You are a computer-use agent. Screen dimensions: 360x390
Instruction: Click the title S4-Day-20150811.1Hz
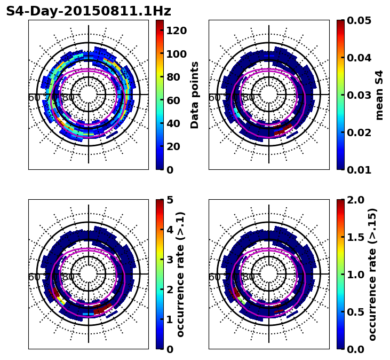(89, 11)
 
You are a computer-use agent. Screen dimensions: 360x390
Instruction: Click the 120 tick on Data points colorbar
(176, 30)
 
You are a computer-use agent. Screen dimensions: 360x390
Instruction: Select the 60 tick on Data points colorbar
(173, 100)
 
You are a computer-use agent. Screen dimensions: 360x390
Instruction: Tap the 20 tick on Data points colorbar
(173, 146)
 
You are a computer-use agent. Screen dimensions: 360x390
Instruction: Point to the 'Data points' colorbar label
(195, 95)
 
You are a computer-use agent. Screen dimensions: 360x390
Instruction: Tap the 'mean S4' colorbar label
(379, 95)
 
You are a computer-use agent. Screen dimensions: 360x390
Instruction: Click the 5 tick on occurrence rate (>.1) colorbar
(169, 200)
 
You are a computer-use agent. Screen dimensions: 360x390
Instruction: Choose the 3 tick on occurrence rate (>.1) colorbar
(169, 260)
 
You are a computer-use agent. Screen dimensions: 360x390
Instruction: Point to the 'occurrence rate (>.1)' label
(181, 275)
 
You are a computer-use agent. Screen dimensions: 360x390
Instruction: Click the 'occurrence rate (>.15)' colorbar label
(372, 275)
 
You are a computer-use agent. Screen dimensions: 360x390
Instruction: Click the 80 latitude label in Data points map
(68, 98)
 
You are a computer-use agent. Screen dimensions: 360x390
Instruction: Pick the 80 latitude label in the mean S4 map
(249, 98)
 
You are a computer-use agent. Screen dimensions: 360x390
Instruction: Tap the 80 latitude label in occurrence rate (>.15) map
(249, 277)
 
